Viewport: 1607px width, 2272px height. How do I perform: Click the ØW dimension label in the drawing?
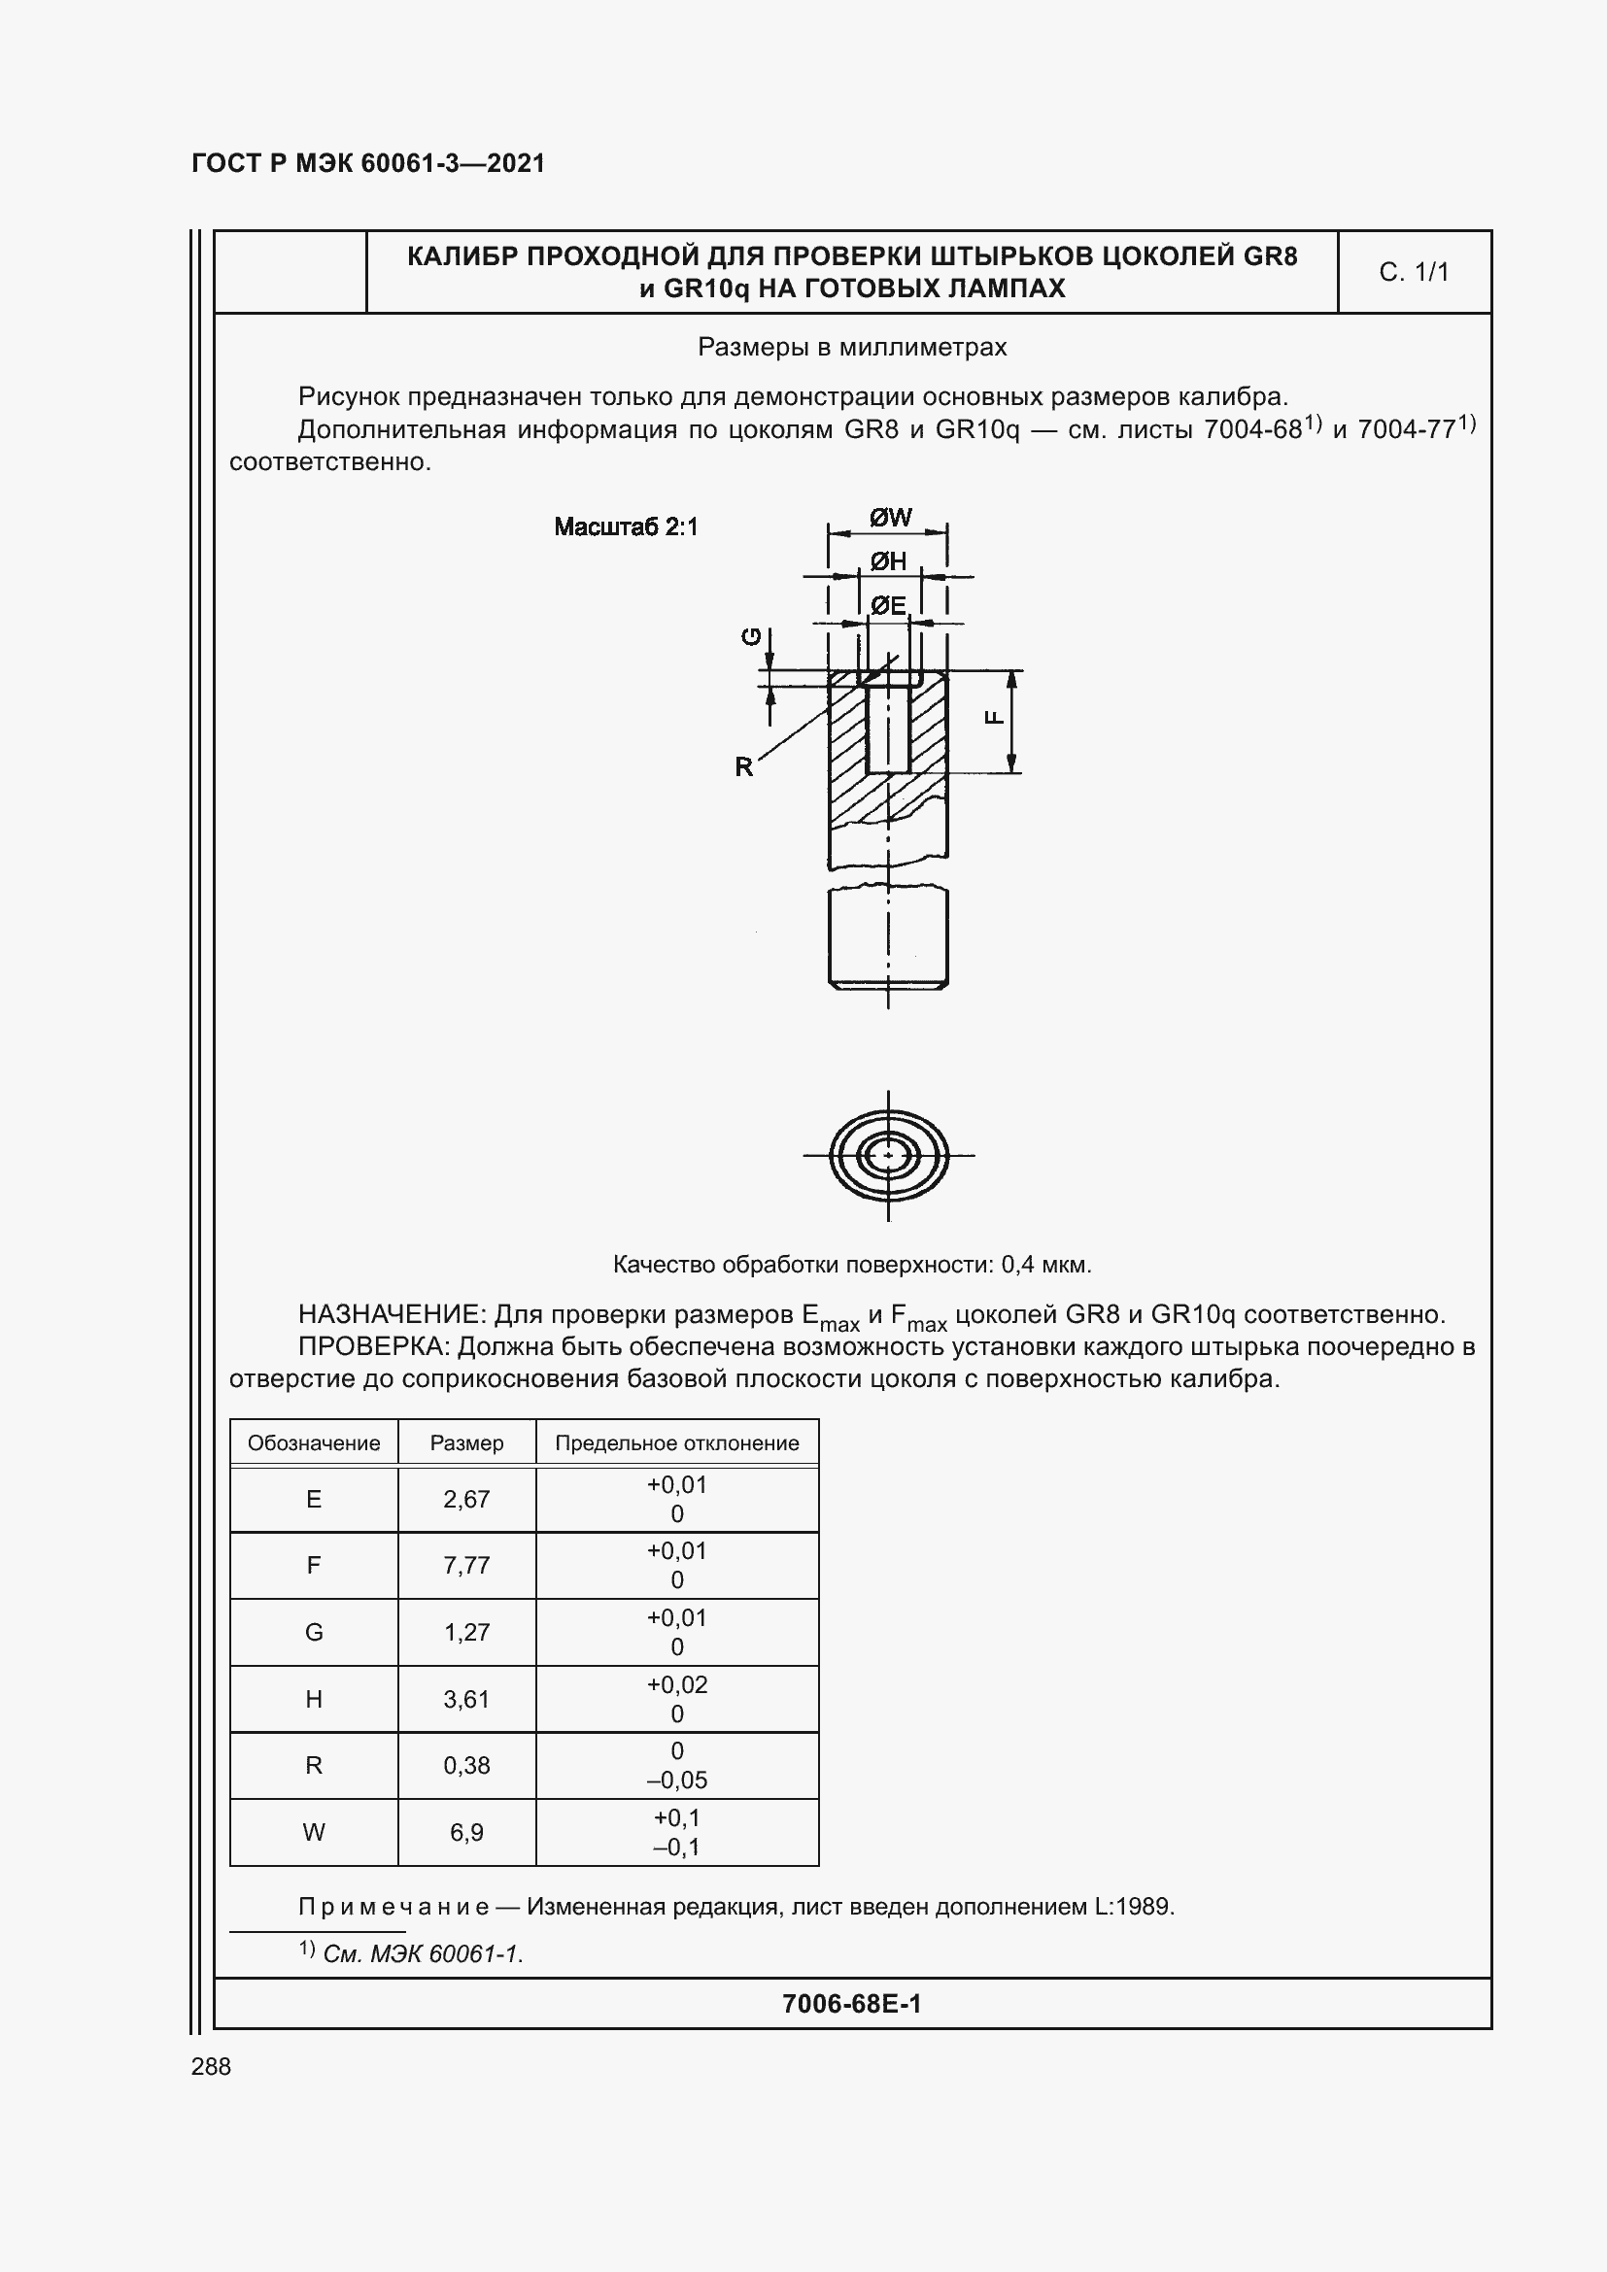(891, 518)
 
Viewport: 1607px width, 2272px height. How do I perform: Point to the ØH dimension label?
(889, 562)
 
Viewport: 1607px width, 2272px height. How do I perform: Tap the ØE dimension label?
(889, 604)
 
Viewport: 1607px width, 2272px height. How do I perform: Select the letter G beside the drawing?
(753, 637)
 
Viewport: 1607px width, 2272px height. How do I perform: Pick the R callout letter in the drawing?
(744, 765)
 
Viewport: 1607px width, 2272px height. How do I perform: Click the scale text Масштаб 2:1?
(626, 526)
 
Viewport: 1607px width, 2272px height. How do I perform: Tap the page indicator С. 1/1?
(1413, 272)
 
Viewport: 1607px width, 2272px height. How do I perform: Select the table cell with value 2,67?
(466, 1499)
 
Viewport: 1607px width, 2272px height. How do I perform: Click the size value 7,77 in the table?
(466, 1566)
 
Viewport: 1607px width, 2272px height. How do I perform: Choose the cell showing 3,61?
(466, 1699)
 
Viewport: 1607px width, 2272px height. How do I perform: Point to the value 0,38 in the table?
(466, 1765)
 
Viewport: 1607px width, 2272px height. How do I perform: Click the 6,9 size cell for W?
(466, 1833)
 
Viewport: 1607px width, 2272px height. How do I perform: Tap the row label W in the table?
(314, 1833)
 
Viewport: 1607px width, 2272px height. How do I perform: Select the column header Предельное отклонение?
(677, 1442)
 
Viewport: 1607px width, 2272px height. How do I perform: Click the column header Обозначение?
(314, 1442)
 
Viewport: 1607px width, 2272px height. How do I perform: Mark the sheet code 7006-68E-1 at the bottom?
(851, 2004)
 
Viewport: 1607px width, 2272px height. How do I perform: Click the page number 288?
(211, 2066)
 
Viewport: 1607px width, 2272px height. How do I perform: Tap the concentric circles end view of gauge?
(889, 1155)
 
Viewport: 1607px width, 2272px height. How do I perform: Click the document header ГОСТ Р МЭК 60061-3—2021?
(368, 163)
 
